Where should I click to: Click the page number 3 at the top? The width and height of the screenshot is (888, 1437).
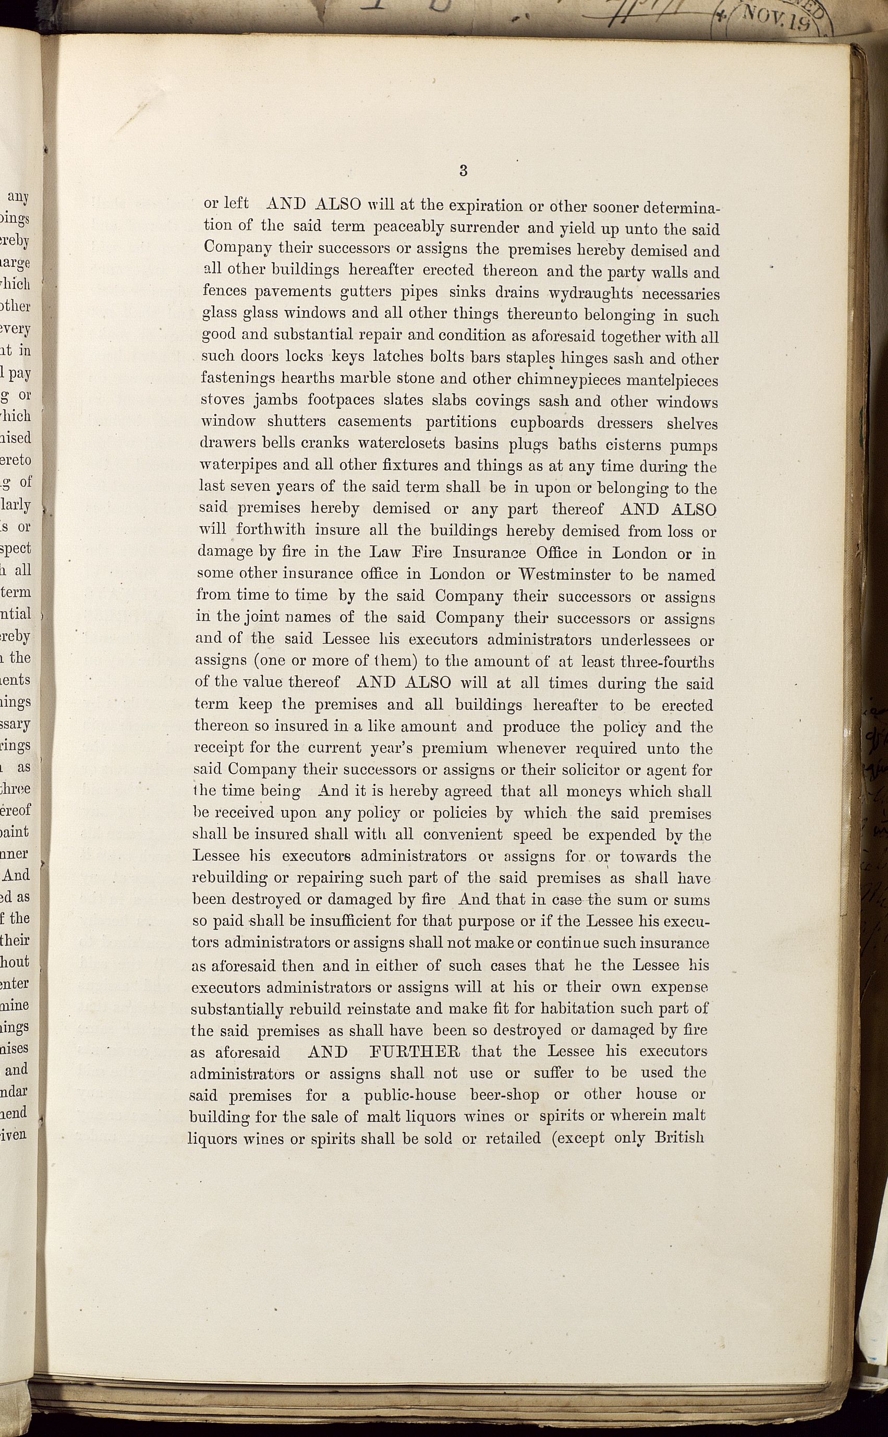click(x=464, y=171)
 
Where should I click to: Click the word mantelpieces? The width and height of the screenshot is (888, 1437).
click(x=675, y=380)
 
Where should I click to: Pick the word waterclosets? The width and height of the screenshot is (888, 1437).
click(x=408, y=445)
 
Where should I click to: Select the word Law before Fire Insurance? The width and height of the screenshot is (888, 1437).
click(x=386, y=553)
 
